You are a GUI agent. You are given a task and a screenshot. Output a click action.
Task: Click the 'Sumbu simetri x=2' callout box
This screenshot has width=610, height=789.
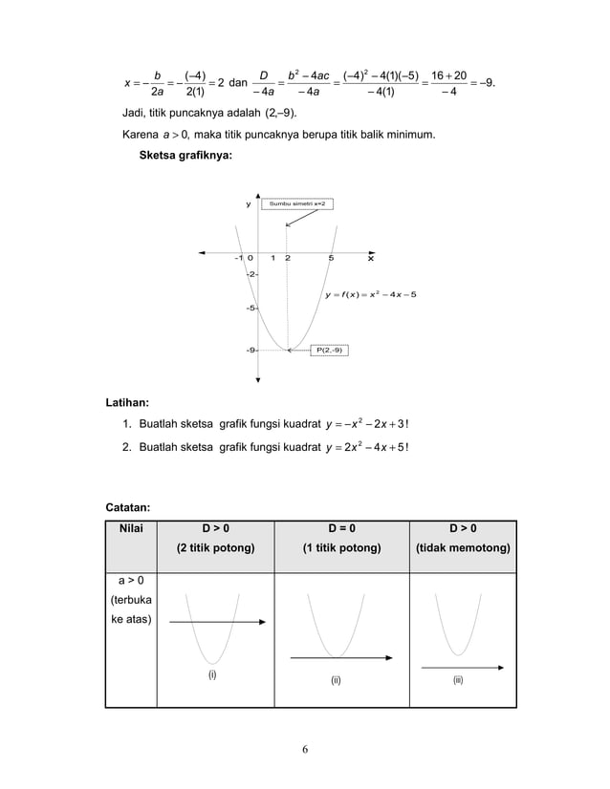(297, 203)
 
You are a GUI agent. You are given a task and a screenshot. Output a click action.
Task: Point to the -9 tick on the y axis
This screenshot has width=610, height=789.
(251, 351)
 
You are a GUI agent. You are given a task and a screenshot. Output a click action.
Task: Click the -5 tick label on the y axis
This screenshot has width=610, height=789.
(251, 309)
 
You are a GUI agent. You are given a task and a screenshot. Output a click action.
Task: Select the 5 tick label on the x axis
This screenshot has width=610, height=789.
(331, 258)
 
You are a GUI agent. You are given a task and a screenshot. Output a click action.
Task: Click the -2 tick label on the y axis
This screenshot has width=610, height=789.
(251, 275)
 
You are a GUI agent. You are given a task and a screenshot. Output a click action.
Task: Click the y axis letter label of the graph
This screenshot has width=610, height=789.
(248, 203)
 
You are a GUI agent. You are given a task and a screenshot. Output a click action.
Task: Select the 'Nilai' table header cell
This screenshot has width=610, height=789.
(133, 527)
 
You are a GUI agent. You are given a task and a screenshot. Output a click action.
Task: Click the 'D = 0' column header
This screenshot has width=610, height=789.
(341, 527)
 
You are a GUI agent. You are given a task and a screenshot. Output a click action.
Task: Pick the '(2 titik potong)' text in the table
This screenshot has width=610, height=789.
(215, 548)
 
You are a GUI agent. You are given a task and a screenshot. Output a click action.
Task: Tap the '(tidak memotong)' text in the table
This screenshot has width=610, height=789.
(463, 548)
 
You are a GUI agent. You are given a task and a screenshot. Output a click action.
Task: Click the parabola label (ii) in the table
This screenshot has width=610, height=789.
(337, 680)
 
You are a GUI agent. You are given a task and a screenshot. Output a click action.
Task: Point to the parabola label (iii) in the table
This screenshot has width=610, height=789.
(459, 680)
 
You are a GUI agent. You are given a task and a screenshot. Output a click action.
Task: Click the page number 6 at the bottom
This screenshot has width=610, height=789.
(305, 748)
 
